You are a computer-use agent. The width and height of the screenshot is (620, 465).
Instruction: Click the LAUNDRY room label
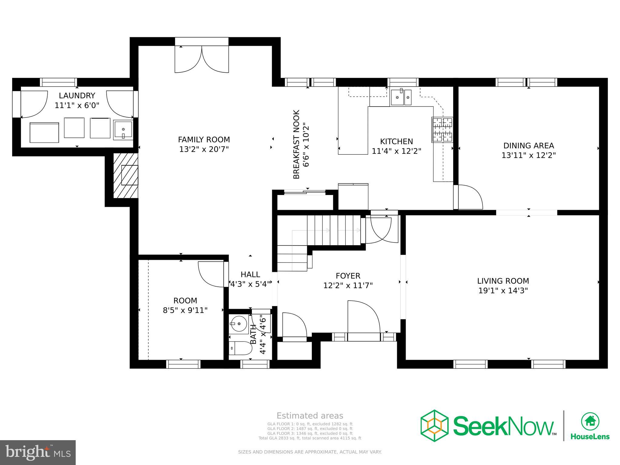tap(77, 96)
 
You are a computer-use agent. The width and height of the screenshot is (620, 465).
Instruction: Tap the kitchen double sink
tap(401, 97)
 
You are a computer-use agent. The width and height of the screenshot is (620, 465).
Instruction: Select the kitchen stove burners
tap(442, 130)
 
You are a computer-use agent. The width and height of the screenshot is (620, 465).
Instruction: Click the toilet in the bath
tap(240, 348)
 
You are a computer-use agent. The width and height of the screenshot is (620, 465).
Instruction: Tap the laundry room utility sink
tap(123, 130)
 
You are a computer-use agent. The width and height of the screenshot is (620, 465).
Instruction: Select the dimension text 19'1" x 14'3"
tap(503, 291)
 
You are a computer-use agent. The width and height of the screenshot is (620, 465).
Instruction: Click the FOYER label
tap(348, 276)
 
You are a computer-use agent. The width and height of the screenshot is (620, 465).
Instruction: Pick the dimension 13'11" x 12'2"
tap(529, 155)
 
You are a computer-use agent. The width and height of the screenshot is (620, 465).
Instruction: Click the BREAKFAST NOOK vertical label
tap(296, 144)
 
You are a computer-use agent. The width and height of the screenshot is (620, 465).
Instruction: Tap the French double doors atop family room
tap(202, 59)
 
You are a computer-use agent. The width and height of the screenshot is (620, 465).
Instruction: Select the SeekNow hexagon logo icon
tap(434, 426)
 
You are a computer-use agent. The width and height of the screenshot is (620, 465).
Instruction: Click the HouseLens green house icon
tap(590, 421)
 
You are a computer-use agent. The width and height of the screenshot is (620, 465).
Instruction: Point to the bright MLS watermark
tap(38, 452)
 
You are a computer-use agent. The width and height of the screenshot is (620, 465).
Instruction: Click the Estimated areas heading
tap(310, 416)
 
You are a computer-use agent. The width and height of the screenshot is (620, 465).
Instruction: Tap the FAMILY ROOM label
tap(204, 140)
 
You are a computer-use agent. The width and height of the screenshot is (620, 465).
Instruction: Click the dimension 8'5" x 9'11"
tap(185, 310)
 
